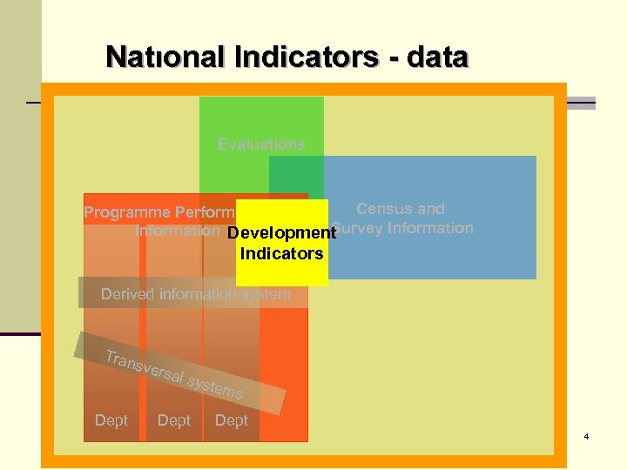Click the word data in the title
click(437, 57)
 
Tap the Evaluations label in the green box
click(261, 144)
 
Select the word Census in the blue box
click(383, 209)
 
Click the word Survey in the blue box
click(360, 228)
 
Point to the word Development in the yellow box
click(281, 233)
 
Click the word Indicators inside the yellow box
click(281, 254)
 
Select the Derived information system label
click(195, 293)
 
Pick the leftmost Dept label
click(111, 420)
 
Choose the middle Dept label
click(174, 420)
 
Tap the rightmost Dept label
click(232, 420)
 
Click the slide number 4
click(587, 435)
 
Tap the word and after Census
click(429, 209)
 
